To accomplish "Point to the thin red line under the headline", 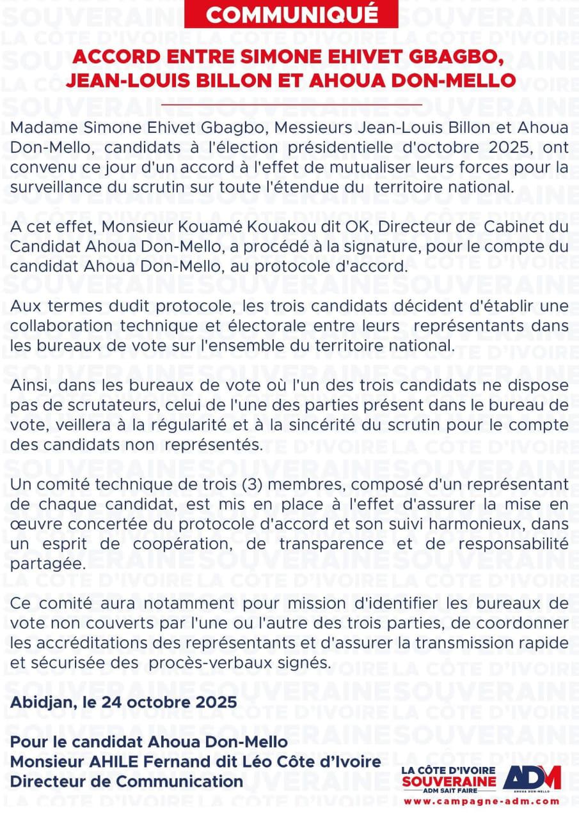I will point(291,104).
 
